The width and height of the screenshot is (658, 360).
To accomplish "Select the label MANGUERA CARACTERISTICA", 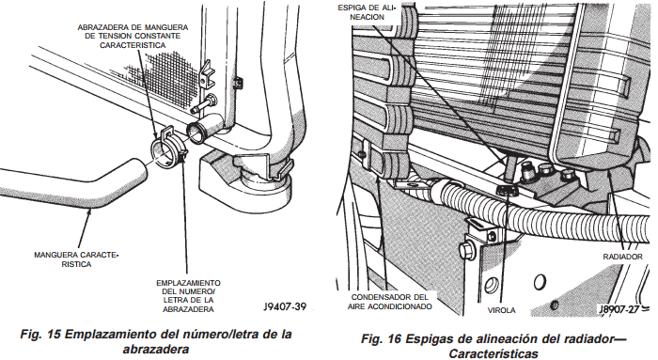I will tap(76, 259).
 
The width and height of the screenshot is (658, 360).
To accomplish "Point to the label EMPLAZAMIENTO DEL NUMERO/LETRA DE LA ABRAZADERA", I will tap(189, 294).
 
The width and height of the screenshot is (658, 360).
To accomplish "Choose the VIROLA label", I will tap(501, 307).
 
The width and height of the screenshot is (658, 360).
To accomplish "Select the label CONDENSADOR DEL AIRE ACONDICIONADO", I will tap(389, 301).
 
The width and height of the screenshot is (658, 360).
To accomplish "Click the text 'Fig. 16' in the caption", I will tap(380, 338).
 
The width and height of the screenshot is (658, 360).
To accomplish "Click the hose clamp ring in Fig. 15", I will tap(168, 147).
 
